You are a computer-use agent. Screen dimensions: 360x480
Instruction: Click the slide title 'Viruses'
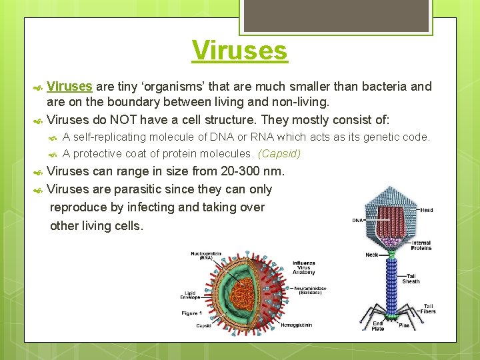[x=239, y=51]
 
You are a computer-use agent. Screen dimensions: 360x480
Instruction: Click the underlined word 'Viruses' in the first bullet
[x=70, y=87]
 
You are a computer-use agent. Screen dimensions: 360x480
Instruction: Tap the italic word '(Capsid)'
[x=279, y=153]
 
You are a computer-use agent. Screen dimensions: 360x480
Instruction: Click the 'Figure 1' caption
[x=193, y=313]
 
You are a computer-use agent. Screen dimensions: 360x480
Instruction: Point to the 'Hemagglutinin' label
[x=295, y=325]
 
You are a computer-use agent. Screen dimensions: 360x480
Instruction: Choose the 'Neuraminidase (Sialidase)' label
[x=312, y=290]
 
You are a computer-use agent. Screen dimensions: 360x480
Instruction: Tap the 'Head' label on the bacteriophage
[x=426, y=210]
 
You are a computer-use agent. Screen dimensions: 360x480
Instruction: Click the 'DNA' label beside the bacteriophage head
[x=357, y=221]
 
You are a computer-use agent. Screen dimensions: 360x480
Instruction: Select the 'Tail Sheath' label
[x=411, y=279]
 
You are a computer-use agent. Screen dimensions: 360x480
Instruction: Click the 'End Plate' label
[x=377, y=327]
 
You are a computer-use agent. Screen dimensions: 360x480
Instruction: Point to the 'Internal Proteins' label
[x=421, y=245]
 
